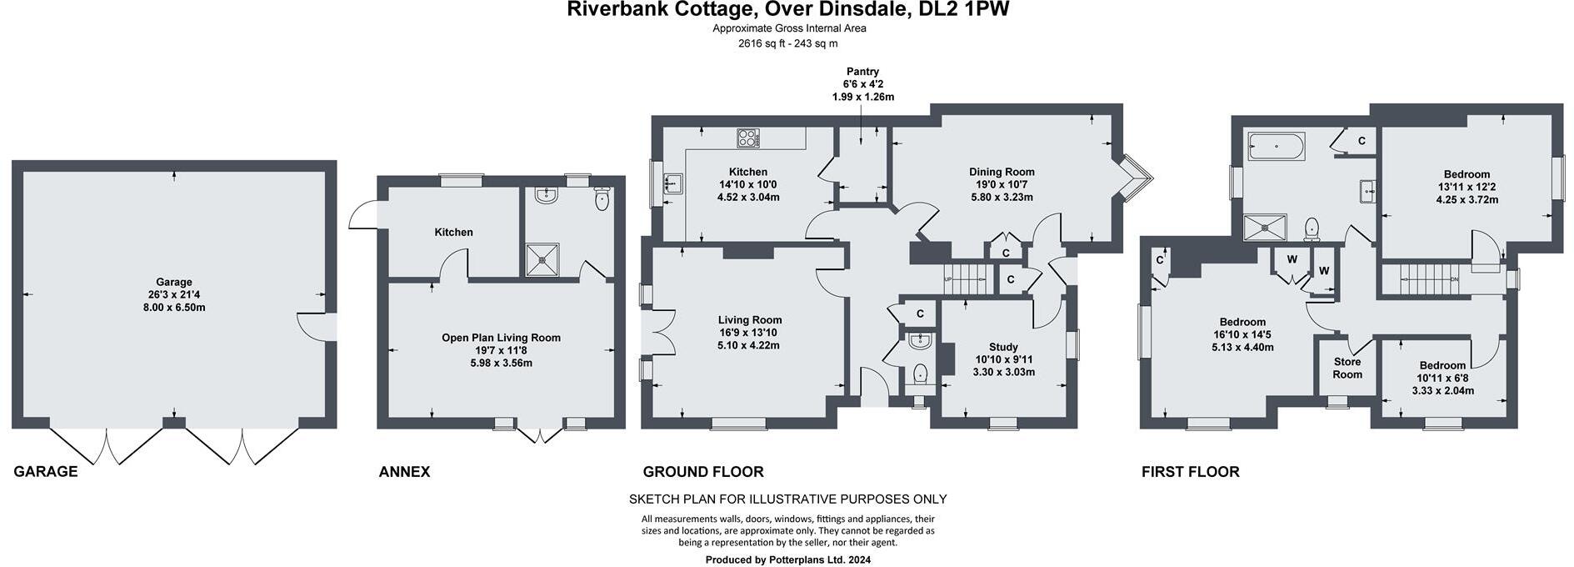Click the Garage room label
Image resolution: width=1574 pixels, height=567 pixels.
pos(174,282)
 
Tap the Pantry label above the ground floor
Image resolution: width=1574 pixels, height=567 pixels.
pos(862,72)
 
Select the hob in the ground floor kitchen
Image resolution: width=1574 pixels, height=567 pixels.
pos(748,138)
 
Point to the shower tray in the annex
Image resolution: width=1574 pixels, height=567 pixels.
pos(543,259)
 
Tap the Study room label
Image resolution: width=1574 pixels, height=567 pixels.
pos(1003,347)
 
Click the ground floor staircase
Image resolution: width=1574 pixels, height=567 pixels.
pos(967,277)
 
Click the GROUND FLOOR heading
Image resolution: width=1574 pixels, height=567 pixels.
pos(702,472)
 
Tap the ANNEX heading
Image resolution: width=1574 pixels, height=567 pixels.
pos(404,472)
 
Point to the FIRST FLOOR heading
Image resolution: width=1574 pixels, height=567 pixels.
pos(1190,472)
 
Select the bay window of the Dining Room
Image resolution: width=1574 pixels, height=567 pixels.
pos(1135,178)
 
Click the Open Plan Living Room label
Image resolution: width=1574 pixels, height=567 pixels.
pos(501,338)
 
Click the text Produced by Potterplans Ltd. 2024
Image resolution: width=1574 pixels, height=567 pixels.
pos(787,560)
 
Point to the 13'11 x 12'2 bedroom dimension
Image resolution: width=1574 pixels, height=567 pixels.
pos(1467,188)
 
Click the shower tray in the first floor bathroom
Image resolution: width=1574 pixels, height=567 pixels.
pos(1265,228)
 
